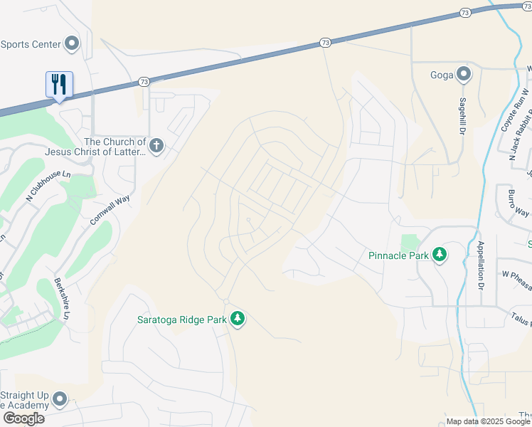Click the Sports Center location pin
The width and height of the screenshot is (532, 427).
(71, 44)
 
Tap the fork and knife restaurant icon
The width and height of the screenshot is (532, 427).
(58, 85)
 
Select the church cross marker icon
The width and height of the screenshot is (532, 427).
(156, 147)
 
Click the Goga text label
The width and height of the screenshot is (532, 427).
(442, 74)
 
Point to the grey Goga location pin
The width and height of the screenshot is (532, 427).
(464, 73)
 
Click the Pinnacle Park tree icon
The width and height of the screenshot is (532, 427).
(440, 255)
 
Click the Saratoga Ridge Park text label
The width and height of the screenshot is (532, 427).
(181, 320)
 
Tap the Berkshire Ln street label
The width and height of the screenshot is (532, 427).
(63, 299)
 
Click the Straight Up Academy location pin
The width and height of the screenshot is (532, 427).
(60, 400)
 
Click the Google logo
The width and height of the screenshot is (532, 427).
(23, 418)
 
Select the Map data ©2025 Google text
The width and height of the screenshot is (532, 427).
(487, 421)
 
